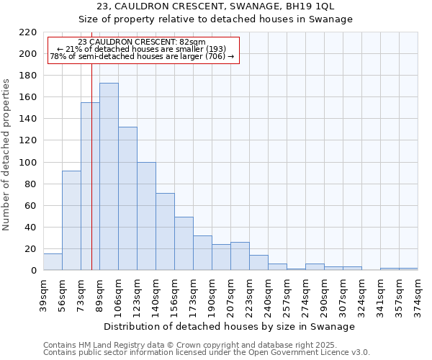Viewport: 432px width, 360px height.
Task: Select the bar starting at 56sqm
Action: (x=71, y=220)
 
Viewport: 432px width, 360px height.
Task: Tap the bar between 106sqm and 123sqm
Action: (x=127, y=199)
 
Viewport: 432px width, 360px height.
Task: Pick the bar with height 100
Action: (x=146, y=216)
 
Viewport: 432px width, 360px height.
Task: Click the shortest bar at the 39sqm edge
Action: (x=53, y=262)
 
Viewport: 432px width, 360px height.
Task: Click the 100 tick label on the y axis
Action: (x=29, y=163)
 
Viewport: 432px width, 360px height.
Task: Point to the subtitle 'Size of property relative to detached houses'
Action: (x=215, y=19)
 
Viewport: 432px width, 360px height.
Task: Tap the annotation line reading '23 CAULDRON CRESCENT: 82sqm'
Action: (x=141, y=42)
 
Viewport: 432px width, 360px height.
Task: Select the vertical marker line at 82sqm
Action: (x=92, y=180)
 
